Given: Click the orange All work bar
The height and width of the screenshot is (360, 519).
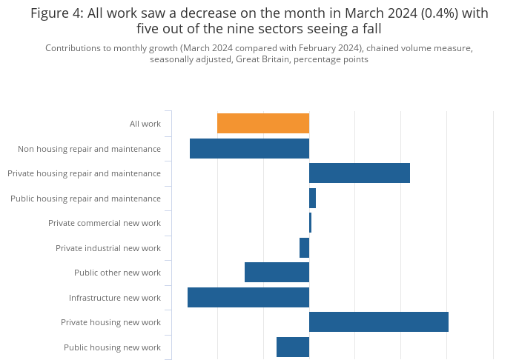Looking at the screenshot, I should (263, 124).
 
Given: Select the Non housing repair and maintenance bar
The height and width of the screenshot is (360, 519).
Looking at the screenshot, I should (249, 148).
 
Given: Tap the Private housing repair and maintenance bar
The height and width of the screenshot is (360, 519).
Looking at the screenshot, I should (360, 173).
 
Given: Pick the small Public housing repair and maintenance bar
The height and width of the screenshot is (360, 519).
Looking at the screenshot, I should (312, 199).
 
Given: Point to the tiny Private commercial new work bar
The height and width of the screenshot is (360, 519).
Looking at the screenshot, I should (310, 223).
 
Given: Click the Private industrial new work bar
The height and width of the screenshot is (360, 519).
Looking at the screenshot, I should (304, 248).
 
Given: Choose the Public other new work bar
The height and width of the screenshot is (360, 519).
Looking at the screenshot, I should (277, 273).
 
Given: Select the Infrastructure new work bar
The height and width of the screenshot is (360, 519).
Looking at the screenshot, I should (248, 298).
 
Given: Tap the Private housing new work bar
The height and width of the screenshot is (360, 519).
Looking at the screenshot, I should (379, 322).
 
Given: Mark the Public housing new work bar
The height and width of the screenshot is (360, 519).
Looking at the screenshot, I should (293, 347).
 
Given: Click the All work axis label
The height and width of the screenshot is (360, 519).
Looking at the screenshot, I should (145, 124).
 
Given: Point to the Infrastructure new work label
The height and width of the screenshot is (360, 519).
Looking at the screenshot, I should (115, 298).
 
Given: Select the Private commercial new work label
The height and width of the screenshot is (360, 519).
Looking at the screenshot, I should (105, 223).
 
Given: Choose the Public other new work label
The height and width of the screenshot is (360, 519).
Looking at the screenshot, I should (117, 273).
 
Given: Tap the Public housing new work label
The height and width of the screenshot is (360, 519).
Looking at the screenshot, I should (112, 347).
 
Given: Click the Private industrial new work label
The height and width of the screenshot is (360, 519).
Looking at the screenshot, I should (108, 248).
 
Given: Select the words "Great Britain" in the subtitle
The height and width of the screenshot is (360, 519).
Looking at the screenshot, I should (262, 59).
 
